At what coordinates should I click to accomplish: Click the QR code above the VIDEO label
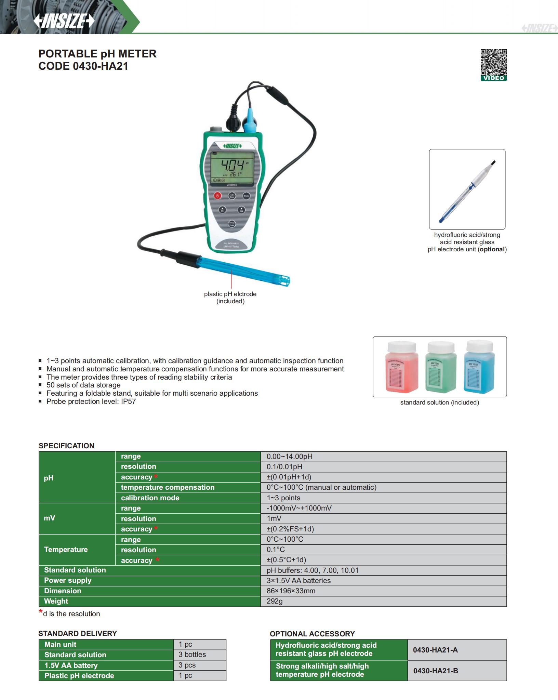point(493,62)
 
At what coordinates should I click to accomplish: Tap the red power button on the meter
point(218,196)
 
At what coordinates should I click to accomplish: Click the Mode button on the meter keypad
point(246,196)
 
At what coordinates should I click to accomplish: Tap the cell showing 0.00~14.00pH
point(290,457)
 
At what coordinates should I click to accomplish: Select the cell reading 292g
point(275,601)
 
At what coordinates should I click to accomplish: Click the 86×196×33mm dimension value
point(291,591)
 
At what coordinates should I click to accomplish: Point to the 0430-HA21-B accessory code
point(435,671)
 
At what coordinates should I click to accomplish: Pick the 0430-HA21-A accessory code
point(435,650)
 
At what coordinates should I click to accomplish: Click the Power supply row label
point(68,580)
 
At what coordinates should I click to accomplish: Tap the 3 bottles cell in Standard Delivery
point(192,655)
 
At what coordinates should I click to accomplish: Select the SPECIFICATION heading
point(66,446)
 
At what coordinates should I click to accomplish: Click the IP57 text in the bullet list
point(128,401)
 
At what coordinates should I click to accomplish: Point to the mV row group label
point(50,518)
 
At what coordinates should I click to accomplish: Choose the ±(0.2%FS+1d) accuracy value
point(290,529)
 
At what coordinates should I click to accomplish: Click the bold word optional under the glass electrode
point(492,249)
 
